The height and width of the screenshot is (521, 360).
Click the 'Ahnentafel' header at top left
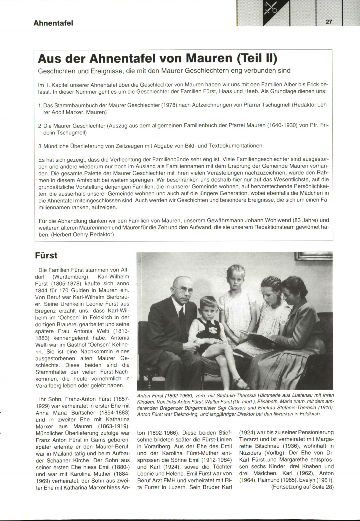53,23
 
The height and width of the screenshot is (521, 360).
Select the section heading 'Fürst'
46,256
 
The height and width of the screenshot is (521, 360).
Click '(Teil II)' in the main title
257,58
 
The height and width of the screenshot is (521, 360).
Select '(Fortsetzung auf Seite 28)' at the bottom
302,487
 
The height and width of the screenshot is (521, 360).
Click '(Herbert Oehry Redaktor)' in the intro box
82,235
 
